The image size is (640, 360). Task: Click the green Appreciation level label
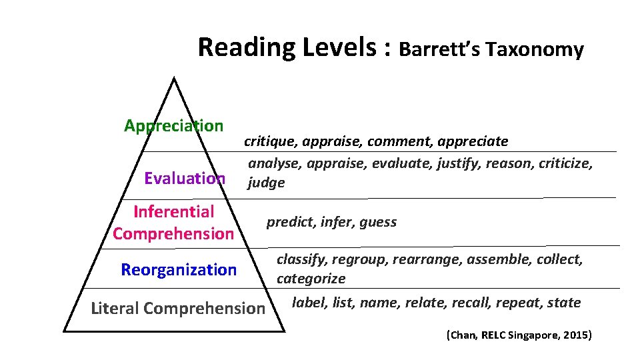click(x=173, y=125)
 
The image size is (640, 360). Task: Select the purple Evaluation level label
click(x=185, y=178)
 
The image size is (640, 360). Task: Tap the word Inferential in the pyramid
click(x=173, y=212)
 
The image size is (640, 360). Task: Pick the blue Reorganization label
click(x=179, y=270)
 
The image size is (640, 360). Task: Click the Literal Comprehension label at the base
click(x=177, y=308)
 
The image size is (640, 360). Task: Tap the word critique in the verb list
click(x=271, y=141)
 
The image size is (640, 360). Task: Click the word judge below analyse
click(x=266, y=183)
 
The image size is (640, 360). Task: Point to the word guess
click(x=378, y=222)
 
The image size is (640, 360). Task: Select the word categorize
click(x=311, y=279)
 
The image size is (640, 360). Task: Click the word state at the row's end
click(x=564, y=303)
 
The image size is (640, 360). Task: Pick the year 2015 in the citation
click(x=575, y=335)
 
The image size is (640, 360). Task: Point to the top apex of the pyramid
click(x=173, y=78)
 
